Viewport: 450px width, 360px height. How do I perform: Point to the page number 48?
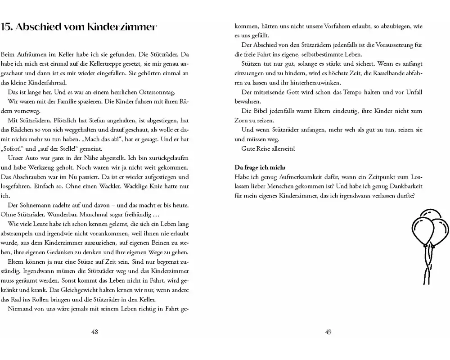point(94,332)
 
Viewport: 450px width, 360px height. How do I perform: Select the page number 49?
point(328,332)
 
